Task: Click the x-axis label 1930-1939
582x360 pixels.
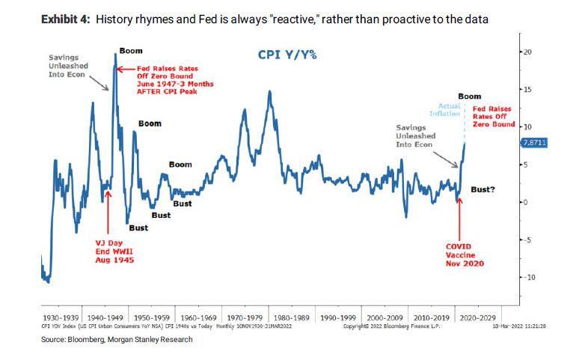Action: click(x=62, y=317)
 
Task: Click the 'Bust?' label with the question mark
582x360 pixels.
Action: click(x=483, y=189)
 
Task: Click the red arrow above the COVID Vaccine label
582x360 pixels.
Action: click(x=459, y=218)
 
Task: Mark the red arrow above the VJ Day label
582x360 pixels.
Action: click(x=108, y=216)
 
